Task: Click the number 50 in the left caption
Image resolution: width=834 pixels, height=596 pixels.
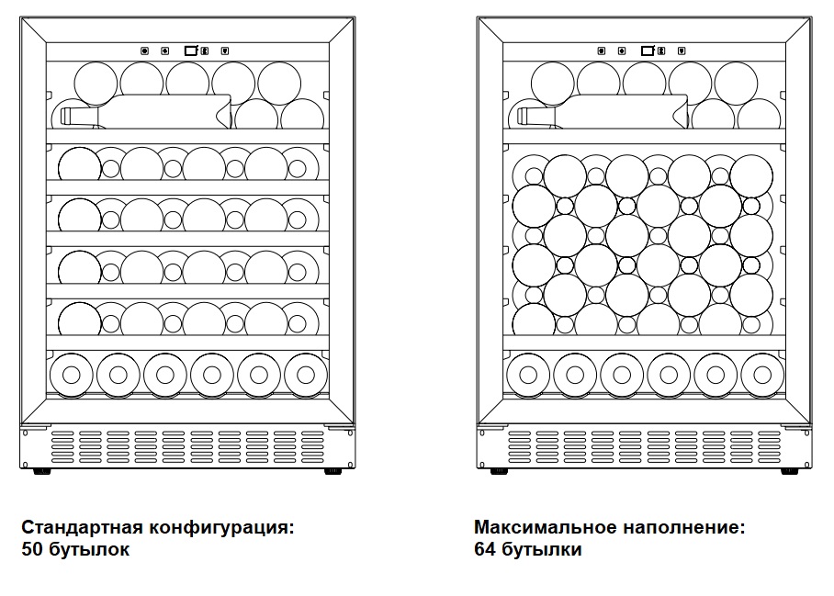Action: pos(32,550)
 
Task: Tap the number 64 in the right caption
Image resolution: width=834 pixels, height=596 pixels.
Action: pos(486,550)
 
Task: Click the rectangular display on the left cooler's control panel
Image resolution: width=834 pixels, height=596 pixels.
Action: pos(191,51)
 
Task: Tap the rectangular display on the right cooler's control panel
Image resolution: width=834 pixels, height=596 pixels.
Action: pos(648,51)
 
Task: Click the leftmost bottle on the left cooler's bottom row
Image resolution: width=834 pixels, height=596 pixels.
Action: pos(71,374)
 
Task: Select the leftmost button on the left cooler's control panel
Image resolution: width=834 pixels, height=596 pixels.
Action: pos(144,51)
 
